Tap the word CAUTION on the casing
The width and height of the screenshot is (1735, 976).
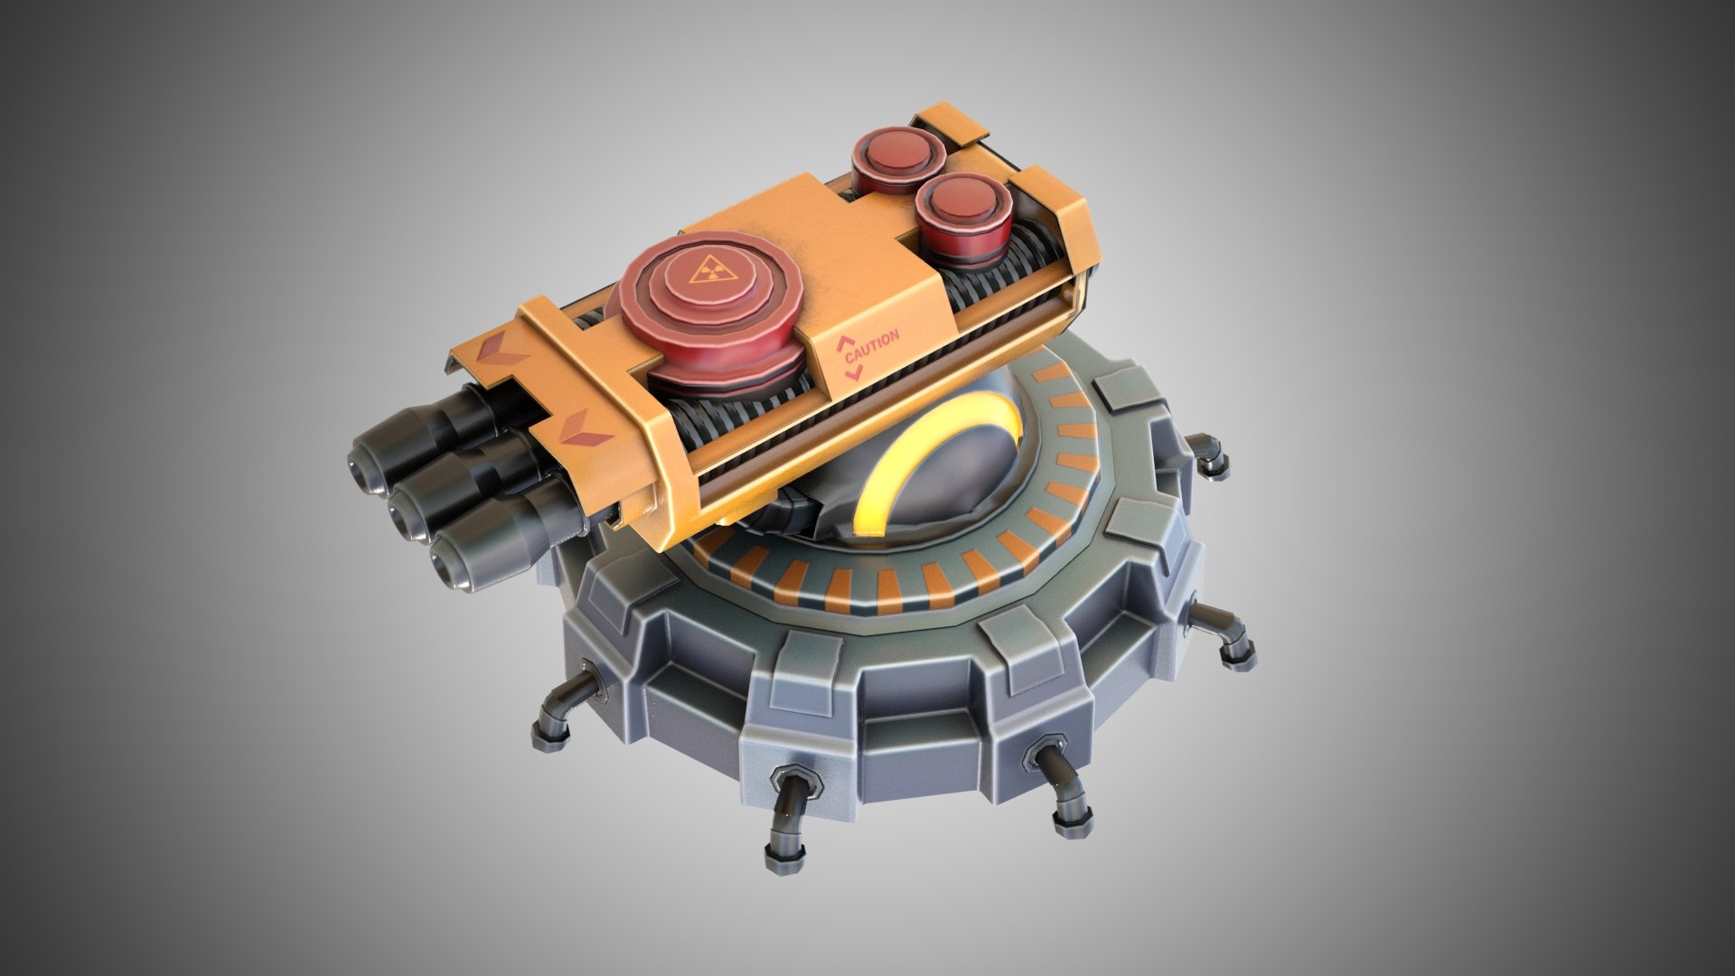pos(872,343)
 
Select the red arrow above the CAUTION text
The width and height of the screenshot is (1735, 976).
pos(844,343)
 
